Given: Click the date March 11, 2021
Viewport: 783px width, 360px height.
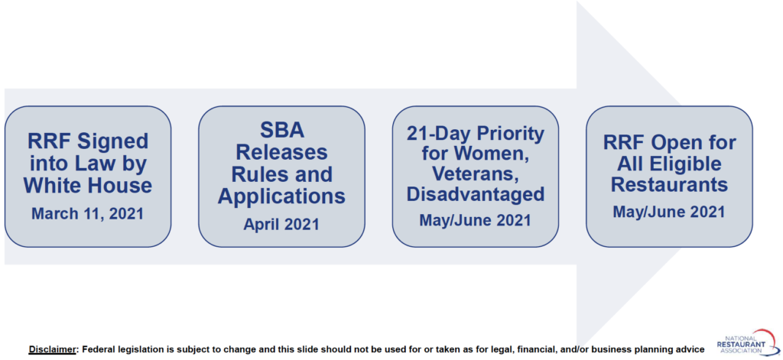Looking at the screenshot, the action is [88, 213].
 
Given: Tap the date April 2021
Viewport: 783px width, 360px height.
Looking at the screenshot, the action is [281, 224].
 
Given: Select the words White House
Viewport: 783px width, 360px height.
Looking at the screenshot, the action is [88, 186].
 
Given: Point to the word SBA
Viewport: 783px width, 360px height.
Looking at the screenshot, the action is [281, 131].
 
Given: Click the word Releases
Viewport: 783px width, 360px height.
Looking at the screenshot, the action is [281, 152].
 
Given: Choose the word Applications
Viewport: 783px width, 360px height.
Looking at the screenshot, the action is [281, 196].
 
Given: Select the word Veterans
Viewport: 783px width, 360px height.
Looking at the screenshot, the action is [476, 174].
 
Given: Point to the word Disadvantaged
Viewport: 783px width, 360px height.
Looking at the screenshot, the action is [476, 193].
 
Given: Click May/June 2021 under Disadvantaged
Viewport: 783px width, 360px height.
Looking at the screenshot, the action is [476, 219].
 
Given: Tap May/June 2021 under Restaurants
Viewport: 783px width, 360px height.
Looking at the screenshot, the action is [669, 211].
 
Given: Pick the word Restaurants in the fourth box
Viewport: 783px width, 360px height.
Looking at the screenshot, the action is [669, 185].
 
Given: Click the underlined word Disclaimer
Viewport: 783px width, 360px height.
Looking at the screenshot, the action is [52, 349].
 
